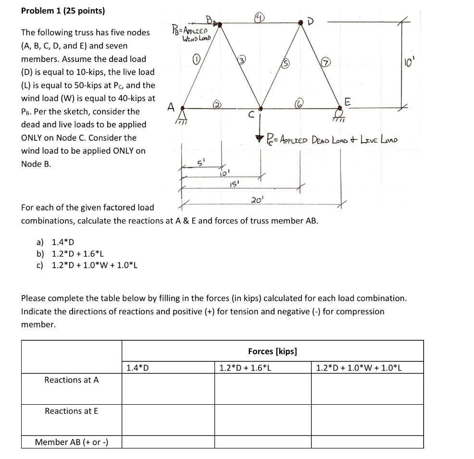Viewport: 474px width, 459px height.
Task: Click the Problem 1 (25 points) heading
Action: pyautogui.click(x=63, y=11)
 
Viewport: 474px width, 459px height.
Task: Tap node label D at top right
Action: pyautogui.click(x=315, y=21)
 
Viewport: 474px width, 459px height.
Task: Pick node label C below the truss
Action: pyautogui.click(x=250, y=115)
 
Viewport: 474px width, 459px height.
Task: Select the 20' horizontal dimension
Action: pyautogui.click(x=256, y=199)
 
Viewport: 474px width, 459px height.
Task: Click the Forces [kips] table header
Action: pyautogui.click(x=272, y=351)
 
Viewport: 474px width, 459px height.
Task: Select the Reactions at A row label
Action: pyautogui.click(x=71, y=380)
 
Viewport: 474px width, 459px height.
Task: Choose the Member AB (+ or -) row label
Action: pyautogui.click(x=71, y=442)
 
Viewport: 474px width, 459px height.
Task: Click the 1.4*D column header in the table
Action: pyautogui.click(x=137, y=368)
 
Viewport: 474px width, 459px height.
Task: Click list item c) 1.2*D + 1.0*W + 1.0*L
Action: pyautogui.click(x=87, y=265)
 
